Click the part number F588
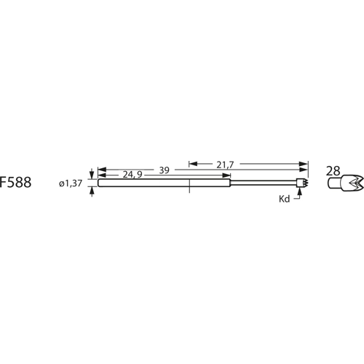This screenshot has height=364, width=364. click(15, 183)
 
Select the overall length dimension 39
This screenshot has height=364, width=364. click(165, 170)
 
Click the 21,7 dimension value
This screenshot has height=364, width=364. click(225, 165)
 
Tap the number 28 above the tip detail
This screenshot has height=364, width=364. click(333, 171)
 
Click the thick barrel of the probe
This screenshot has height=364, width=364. click(164, 183)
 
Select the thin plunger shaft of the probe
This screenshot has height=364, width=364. click(262, 183)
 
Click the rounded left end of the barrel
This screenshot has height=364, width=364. click(99, 183)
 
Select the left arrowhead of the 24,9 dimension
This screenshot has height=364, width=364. click(101, 175)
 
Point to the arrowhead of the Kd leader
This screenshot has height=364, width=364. click(299, 191)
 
